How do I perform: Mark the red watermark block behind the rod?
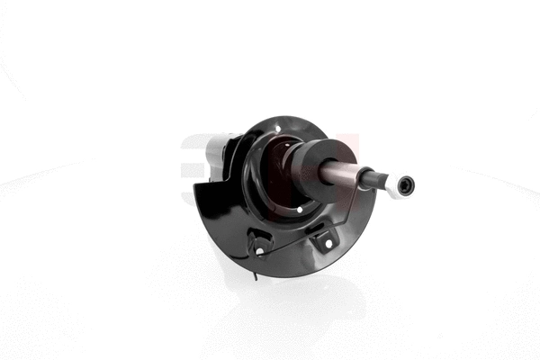point(346,148)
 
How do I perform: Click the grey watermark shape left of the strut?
point(191,153)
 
